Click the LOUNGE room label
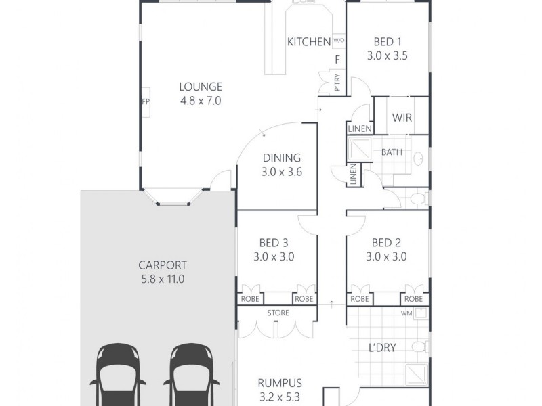(x=200, y=87)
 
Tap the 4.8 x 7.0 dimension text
(x=200, y=101)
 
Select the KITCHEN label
(x=309, y=42)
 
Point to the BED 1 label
(x=387, y=42)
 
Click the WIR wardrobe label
(x=402, y=118)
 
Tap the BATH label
(x=392, y=152)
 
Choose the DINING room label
(x=281, y=158)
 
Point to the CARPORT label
(x=162, y=265)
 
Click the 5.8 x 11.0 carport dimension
(x=162, y=279)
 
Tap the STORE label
(x=278, y=313)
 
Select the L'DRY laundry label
(x=382, y=348)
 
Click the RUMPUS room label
(x=280, y=382)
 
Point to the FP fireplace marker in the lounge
(x=145, y=102)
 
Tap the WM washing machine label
(x=406, y=313)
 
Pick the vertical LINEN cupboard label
(x=353, y=176)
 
